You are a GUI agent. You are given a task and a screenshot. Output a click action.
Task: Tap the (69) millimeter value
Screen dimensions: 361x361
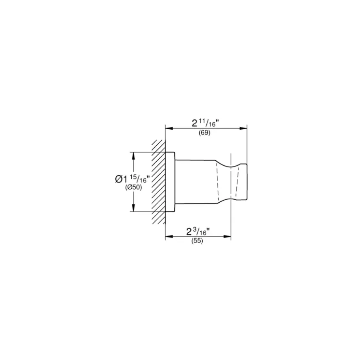pos(204,133)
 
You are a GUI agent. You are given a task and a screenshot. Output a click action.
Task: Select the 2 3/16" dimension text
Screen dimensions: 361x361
pos(198,232)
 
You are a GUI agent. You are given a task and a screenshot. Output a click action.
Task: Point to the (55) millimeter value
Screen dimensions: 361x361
pos(197,241)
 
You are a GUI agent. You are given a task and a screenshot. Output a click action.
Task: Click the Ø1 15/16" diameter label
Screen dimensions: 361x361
pos(133,179)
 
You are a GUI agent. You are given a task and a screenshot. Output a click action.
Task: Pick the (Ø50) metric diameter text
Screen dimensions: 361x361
pos(134,187)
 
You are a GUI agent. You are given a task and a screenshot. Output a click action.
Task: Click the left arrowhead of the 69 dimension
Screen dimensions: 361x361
pos(169,128)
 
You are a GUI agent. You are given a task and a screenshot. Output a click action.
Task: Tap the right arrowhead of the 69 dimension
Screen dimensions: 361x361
pos(243,128)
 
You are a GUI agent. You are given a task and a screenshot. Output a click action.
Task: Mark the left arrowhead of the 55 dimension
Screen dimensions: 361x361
pos(169,236)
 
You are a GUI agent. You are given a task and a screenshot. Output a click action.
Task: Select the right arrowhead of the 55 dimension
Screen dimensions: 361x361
pos(227,236)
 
